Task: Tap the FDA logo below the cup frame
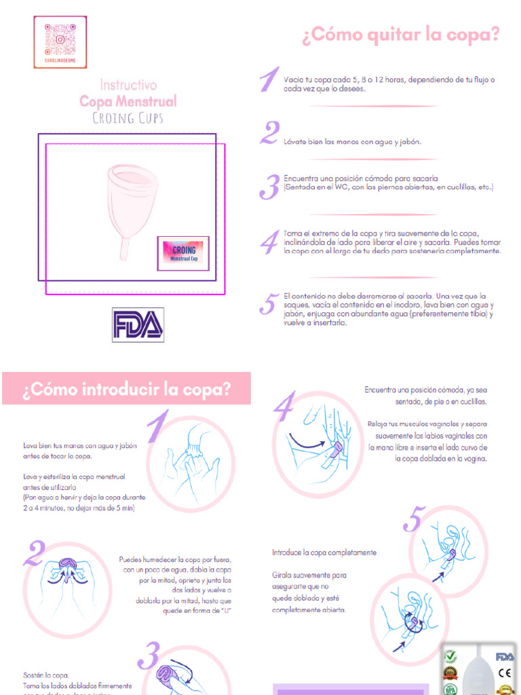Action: click(138, 324)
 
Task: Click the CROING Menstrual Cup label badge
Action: click(183, 253)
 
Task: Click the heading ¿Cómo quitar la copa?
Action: click(400, 35)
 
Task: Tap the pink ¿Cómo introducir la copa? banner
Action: click(126, 390)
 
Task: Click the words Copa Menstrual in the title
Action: click(128, 101)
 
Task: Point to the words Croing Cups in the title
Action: click(128, 118)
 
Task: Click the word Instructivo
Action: click(128, 85)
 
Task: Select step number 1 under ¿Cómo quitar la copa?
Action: click(269, 81)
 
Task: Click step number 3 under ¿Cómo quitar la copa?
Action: click(271, 187)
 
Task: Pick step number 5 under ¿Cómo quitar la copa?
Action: click(269, 304)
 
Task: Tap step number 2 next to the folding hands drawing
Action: click(33, 555)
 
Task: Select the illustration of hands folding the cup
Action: click(68, 580)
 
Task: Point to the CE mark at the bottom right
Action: click(504, 673)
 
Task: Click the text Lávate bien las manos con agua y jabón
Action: click(353, 142)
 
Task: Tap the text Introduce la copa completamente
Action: click(324, 552)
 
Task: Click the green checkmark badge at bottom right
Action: click(450, 657)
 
